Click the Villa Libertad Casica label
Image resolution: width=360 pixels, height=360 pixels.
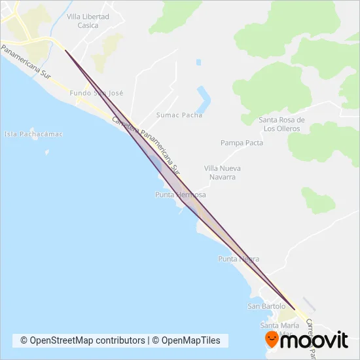tap(88, 21)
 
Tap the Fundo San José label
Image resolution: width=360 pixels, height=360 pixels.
tap(96, 94)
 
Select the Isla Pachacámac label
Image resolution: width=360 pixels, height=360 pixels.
tap(33, 134)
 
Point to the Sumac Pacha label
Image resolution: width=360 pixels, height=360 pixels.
tap(179, 115)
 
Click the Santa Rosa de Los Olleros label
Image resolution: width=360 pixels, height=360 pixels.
tap(282, 124)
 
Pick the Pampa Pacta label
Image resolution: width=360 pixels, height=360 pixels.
tap(242, 143)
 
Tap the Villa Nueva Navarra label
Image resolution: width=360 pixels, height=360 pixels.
tap(223, 172)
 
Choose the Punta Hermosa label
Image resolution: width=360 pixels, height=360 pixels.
tap(181, 195)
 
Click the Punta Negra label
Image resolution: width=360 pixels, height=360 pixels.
tap(239, 259)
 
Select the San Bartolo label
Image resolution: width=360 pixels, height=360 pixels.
tap(266, 306)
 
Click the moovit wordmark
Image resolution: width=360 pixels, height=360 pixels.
tap(317, 340)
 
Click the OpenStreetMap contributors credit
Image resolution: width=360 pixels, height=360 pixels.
tap(82, 340)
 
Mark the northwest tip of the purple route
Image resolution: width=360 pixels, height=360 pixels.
tap(65, 49)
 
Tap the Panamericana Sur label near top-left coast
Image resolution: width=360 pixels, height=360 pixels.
tap(26, 62)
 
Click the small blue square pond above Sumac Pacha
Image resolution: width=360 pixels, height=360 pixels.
tap(198, 62)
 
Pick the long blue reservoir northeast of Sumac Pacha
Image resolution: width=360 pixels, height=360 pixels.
tap(205, 99)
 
